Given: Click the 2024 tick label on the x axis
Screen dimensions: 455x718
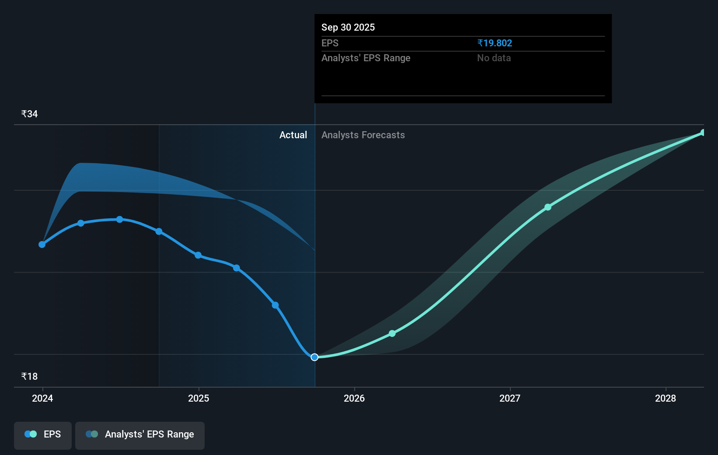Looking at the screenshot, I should point(42,398).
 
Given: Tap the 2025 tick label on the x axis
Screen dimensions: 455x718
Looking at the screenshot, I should point(199,398).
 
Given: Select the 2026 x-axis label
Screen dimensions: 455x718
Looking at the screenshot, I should point(354,398).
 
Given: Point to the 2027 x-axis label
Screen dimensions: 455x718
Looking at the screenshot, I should point(510,398).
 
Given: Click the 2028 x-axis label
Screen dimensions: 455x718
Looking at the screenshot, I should point(666,398).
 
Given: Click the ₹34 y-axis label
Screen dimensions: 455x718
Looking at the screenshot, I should point(29,114).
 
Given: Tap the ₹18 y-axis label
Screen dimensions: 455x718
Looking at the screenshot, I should point(29,377).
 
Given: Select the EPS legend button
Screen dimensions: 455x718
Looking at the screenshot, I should point(43,434).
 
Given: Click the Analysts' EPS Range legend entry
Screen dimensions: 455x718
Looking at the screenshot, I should point(140,434).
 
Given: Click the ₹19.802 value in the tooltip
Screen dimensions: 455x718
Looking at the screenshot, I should point(495,43).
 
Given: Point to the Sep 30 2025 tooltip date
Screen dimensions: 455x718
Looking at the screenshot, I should point(348,28).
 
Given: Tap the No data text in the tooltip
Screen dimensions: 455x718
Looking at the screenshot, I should point(494,58).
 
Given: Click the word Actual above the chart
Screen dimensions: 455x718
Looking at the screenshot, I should point(293,135).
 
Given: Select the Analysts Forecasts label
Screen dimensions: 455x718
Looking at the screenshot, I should point(363,135).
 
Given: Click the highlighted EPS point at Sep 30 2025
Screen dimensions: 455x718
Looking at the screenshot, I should point(314,357).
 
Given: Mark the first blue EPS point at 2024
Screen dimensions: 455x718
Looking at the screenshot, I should point(42,245).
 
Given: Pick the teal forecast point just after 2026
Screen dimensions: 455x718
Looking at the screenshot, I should point(392,333).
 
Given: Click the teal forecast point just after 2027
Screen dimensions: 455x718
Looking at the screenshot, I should point(548,207).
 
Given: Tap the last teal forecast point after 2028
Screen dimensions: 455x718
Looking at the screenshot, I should point(703,133).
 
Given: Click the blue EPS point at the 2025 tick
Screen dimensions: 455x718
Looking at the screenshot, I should point(198,255).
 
